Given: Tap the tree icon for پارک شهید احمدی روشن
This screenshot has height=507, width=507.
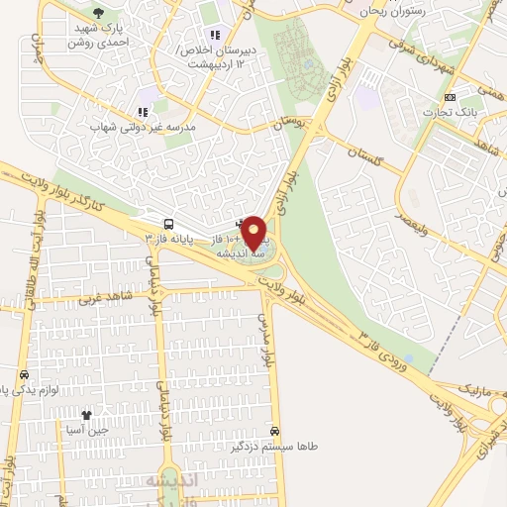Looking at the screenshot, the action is point(97,13).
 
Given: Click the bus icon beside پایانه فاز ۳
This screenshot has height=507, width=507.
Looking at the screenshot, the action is point(169,224).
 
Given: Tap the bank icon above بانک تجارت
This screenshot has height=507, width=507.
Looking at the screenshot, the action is point(452,97).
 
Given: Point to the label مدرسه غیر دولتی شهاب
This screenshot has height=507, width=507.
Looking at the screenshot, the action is point(142,128).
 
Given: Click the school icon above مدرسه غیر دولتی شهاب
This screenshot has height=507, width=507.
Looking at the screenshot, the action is point(142,113).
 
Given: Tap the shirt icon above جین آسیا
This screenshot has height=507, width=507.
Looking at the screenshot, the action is point(86,416).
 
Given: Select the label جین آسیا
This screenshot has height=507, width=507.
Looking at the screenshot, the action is point(86,430).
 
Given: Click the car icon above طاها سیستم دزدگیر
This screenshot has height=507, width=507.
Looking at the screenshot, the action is point(274,432).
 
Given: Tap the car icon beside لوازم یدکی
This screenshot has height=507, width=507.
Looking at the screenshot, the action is point(23,375).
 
